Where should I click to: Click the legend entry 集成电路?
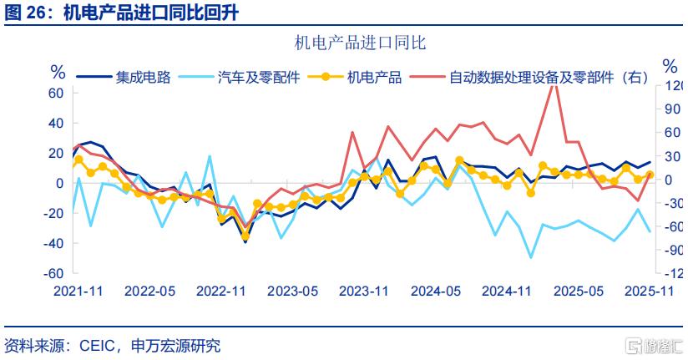[x=143, y=78]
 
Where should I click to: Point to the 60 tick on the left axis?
[x=56, y=93]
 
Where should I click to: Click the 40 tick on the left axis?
[x=56, y=123]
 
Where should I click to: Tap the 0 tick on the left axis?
[x=59, y=183]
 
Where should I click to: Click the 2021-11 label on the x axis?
[x=78, y=291]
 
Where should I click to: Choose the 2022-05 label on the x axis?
[x=149, y=291]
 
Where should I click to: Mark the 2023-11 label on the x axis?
[x=364, y=291]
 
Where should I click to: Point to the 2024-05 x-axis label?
[x=436, y=291]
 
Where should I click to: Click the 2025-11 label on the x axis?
[x=650, y=291]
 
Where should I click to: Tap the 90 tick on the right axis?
[x=675, y=109]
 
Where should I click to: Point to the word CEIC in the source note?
[x=97, y=344]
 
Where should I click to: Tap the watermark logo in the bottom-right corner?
[x=655, y=344]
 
